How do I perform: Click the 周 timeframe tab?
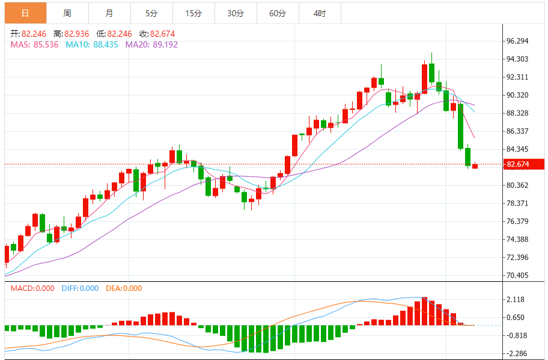point(67,13)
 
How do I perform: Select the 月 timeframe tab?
point(109,13)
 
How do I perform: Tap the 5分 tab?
point(151,13)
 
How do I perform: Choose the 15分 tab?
point(193,13)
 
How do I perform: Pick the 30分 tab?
point(236,13)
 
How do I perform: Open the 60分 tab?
point(278,13)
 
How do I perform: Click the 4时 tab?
point(320,13)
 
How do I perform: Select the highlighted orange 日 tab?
point(25,13)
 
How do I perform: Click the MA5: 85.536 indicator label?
point(34,44)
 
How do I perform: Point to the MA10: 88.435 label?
point(92,44)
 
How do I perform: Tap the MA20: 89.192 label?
point(151,44)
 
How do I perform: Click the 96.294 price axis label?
point(517,41)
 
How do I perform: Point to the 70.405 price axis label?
point(517,275)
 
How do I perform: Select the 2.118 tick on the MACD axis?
point(516,299)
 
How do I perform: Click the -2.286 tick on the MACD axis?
point(516,353)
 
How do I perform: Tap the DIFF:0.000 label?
point(80,288)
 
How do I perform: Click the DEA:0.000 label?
point(124,288)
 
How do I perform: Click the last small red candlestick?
point(475,166)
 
